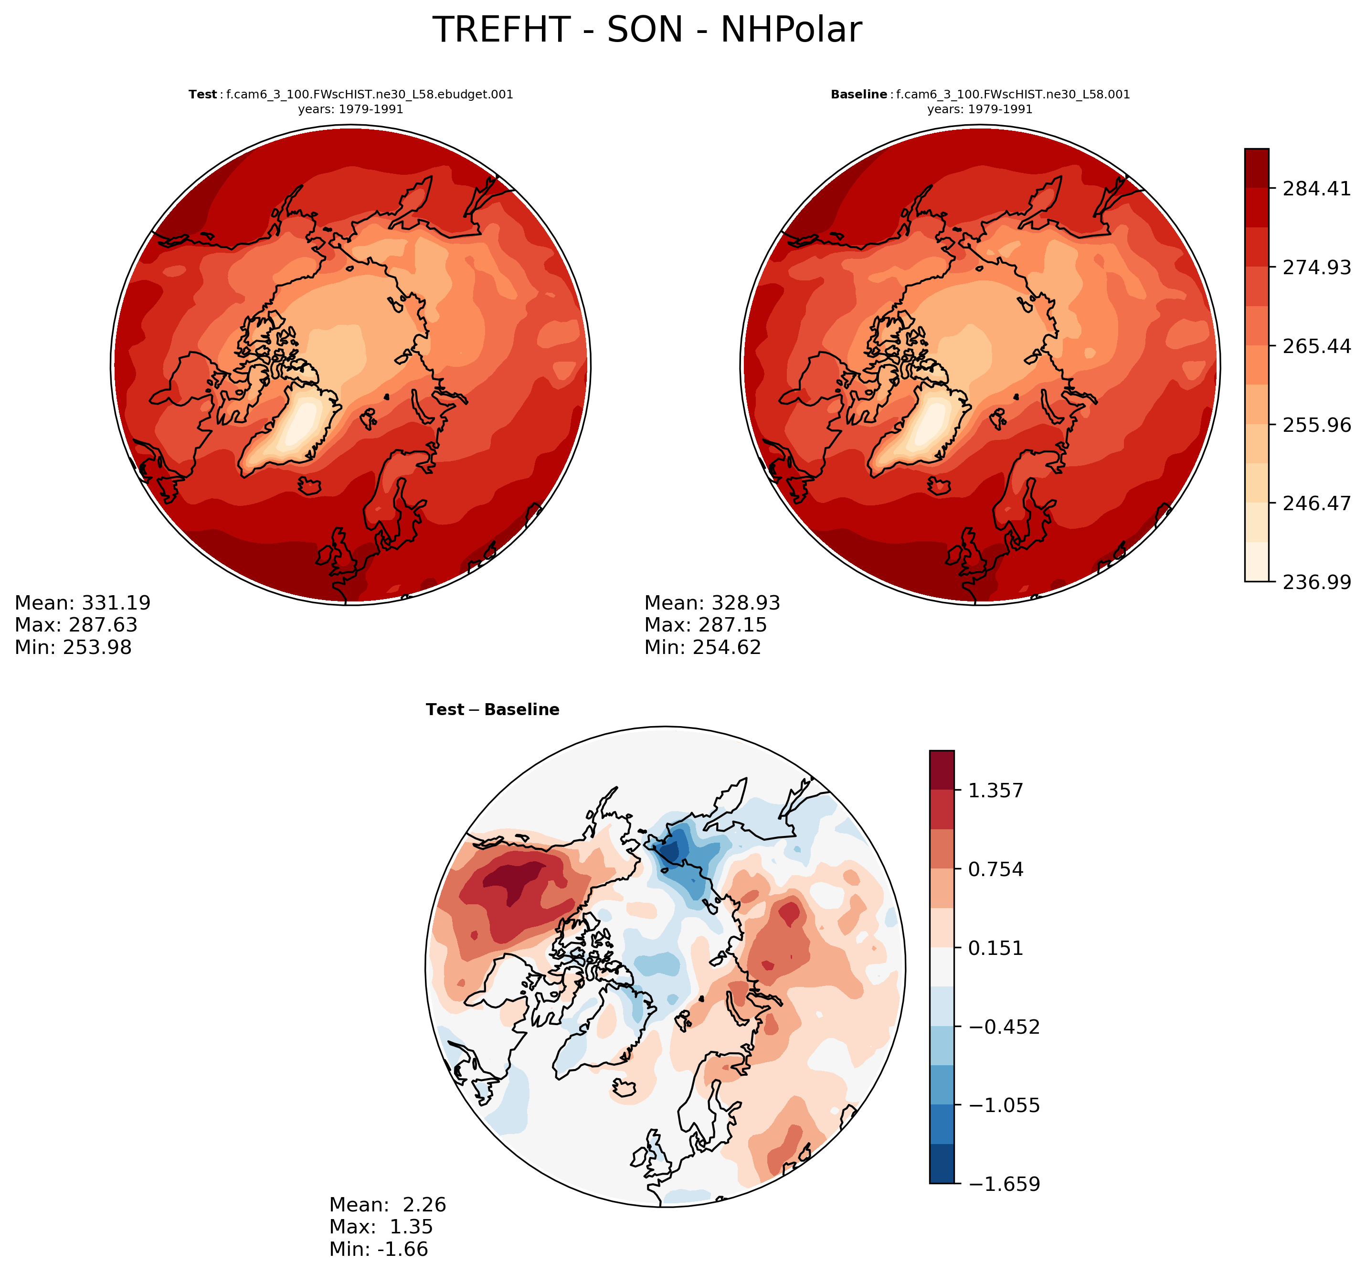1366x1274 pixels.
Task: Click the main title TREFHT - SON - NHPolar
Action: click(646, 30)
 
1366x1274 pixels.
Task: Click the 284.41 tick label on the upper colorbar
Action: click(1316, 188)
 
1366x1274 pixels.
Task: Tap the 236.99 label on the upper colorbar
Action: click(1316, 582)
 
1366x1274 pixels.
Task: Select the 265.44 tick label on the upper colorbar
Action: click(1316, 346)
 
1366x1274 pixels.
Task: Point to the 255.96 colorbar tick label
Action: click(1316, 425)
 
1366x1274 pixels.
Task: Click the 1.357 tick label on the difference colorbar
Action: click(995, 791)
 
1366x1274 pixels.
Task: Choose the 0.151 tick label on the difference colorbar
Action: click(995, 948)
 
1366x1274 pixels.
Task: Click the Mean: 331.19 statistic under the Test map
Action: click(83, 603)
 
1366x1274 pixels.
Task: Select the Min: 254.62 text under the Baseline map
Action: click(703, 647)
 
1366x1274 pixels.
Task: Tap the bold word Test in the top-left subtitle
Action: click(203, 94)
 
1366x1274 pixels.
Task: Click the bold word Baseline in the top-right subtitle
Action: click(859, 94)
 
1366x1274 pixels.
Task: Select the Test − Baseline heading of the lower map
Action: click(493, 709)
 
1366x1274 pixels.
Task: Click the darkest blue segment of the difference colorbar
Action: click(942, 1163)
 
